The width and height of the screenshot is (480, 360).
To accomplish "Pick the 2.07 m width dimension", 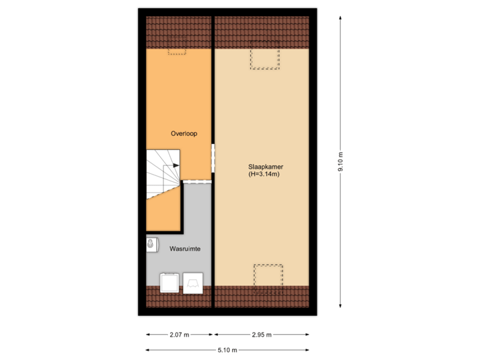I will click(x=179, y=334).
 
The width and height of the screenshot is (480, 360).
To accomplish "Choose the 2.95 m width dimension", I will click(x=261, y=334).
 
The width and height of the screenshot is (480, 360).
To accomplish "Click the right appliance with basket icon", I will click(x=194, y=283).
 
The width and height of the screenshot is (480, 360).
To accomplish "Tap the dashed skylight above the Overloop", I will click(x=177, y=51).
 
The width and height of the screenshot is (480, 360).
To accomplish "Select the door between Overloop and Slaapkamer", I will click(x=213, y=158).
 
